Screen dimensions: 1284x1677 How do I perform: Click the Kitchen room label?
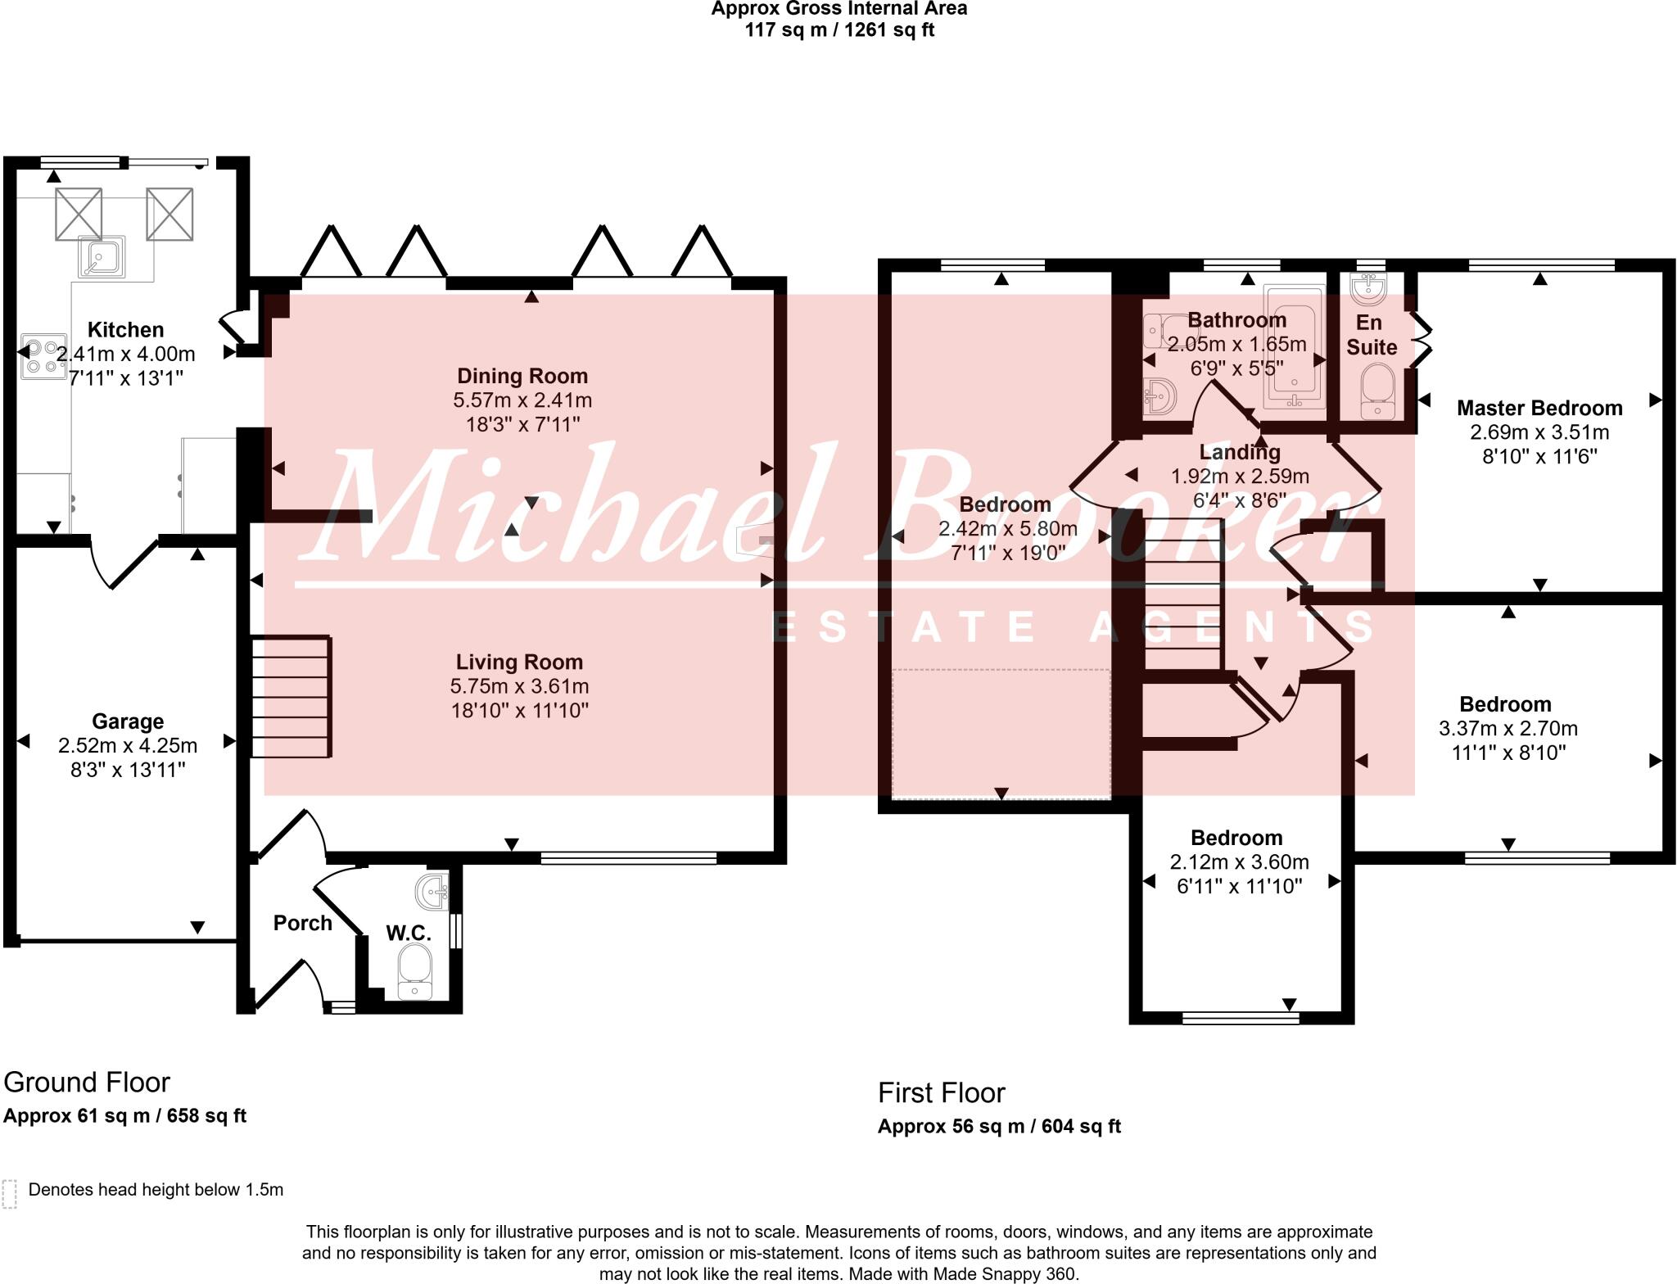pos(125,330)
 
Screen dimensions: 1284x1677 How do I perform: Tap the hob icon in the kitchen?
pos(43,356)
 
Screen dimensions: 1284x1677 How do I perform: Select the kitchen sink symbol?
pos(102,256)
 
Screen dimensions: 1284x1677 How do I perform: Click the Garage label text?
pos(128,721)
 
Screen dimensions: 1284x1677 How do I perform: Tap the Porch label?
pos(302,923)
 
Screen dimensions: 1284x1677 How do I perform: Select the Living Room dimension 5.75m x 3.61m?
pos(519,686)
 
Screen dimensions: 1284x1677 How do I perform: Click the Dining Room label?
pos(522,376)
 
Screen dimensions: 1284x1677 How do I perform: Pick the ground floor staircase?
pos(291,697)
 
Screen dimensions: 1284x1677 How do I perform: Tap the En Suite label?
pos(1372,335)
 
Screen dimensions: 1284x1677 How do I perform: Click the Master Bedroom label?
pos(1539,408)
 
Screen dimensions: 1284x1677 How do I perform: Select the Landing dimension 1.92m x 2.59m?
pos(1240,477)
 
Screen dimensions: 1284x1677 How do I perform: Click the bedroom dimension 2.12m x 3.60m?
pos(1239,862)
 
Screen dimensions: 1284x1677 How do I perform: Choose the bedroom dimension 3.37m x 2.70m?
pos(1507,728)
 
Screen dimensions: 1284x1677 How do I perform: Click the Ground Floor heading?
pos(87,1083)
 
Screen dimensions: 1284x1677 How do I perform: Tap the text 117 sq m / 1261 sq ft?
pos(838,30)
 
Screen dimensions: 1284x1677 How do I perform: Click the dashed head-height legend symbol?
pos(10,1194)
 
